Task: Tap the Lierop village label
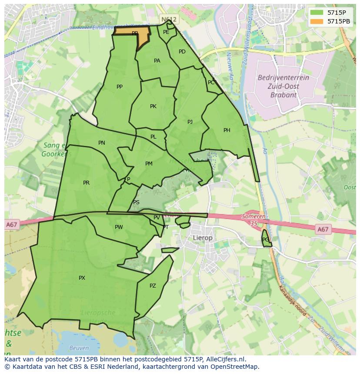[203, 238]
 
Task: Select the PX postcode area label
[82, 278]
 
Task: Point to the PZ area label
[153, 286]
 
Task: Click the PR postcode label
[86, 183]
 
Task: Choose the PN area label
[102, 143]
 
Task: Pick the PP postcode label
[120, 87]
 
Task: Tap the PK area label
[153, 106]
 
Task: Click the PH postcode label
[227, 130]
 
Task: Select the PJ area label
[190, 122]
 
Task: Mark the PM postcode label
[149, 164]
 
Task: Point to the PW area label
[119, 227]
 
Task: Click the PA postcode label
[157, 61]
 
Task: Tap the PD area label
[182, 52]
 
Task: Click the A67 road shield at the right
[323, 229]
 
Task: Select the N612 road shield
[169, 20]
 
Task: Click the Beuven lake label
[79, 348]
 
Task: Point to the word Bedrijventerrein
[283, 78]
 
